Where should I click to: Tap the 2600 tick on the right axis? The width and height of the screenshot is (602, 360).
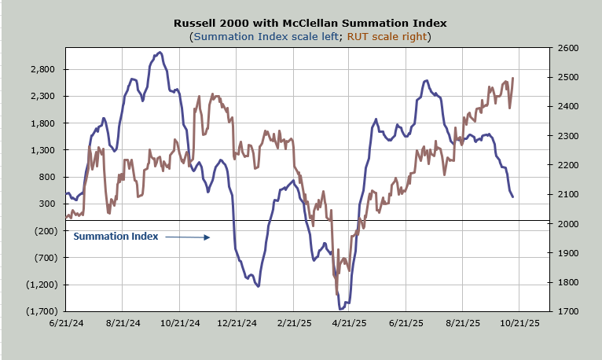click(568, 48)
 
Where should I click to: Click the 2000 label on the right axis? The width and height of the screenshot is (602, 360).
click(568, 224)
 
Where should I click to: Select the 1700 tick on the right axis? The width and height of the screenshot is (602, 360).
click(568, 312)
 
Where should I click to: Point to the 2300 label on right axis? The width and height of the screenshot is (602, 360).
click(568, 136)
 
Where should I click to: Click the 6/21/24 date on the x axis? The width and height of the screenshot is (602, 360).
click(67, 322)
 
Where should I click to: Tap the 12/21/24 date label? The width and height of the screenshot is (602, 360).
click(237, 322)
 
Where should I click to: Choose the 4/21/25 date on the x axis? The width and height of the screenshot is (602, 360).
click(350, 322)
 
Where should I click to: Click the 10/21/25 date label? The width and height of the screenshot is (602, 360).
click(519, 322)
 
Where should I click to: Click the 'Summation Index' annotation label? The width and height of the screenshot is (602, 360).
click(116, 236)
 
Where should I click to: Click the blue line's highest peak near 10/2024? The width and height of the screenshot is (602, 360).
click(160, 53)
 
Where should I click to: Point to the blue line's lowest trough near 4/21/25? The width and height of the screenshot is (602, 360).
click(343, 308)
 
